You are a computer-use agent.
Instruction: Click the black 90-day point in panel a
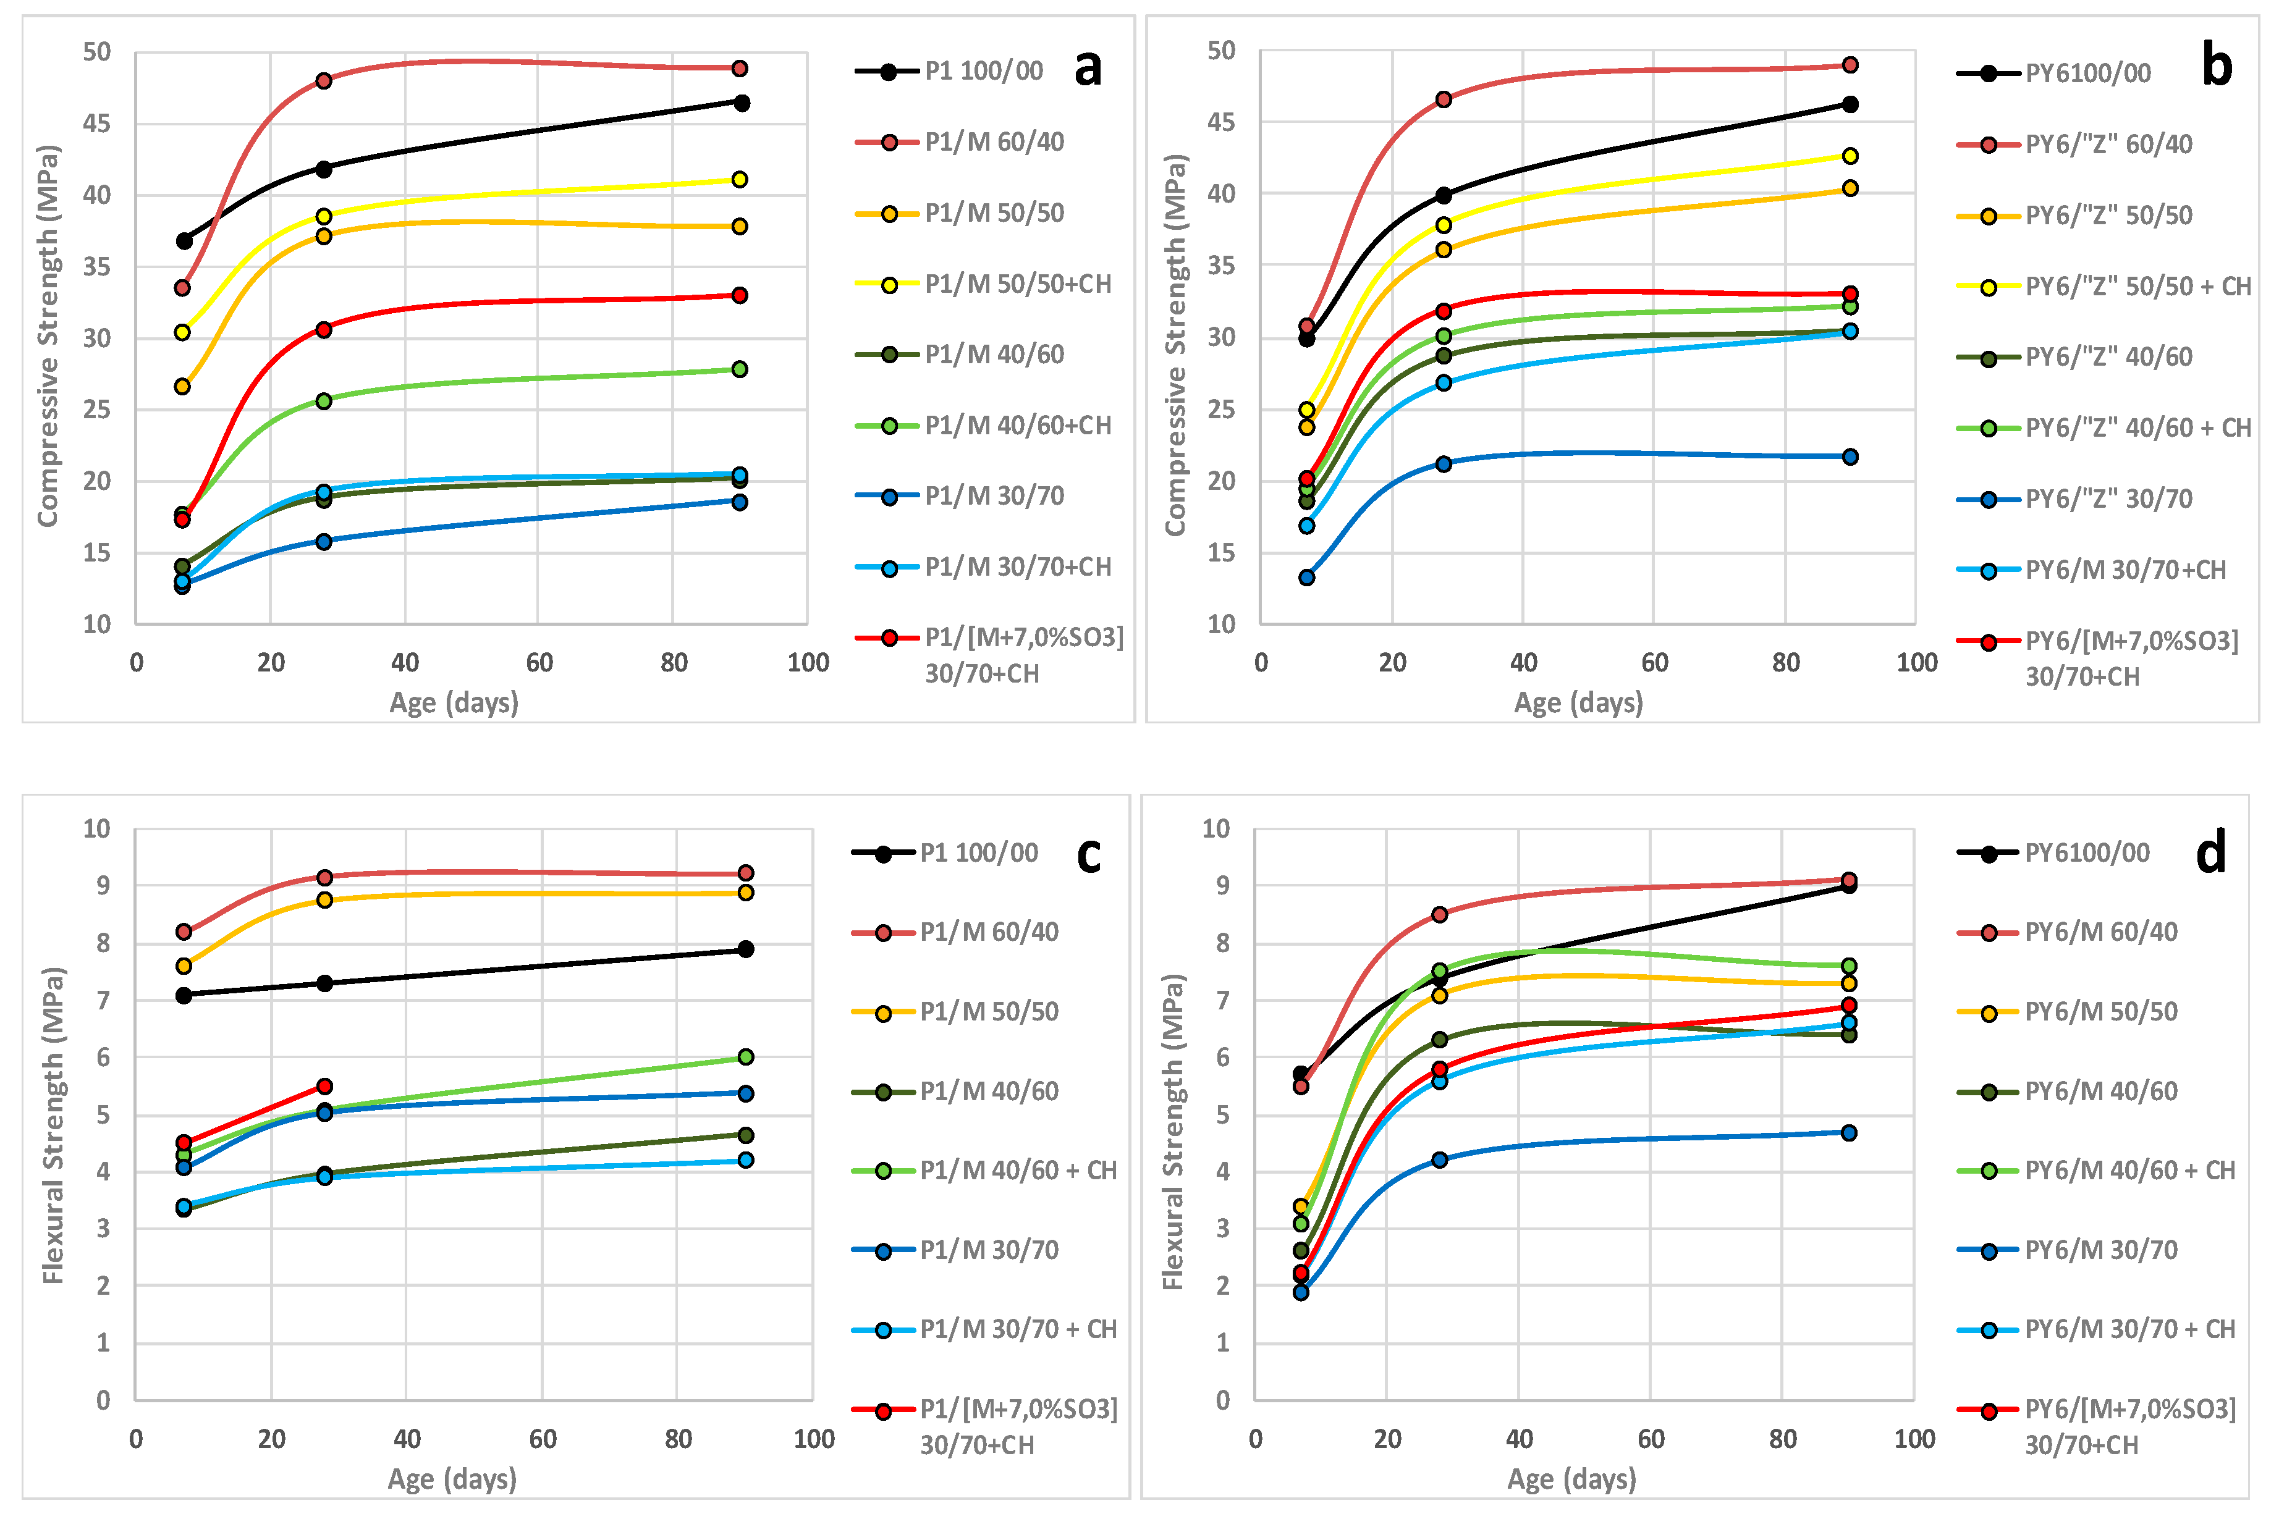(x=742, y=103)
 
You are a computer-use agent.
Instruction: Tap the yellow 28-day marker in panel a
(x=324, y=216)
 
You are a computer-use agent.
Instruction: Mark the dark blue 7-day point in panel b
(x=1306, y=578)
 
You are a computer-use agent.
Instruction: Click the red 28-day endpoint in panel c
(x=324, y=1086)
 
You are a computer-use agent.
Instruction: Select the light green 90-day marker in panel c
(x=745, y=1057)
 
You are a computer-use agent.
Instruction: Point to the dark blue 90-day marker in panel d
(x=1849, y=1132)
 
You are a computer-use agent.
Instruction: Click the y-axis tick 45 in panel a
(x=97, y=123)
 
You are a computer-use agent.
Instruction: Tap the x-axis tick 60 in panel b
(x=1654, y=663)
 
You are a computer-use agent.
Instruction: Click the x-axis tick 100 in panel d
(x=1914, y=1439)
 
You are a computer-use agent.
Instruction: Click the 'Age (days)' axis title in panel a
(x=454, y=702)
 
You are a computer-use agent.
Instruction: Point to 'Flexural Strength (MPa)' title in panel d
(x=1173, y=1132)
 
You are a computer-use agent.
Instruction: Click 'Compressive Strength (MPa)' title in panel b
(x=1175, y=344)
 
